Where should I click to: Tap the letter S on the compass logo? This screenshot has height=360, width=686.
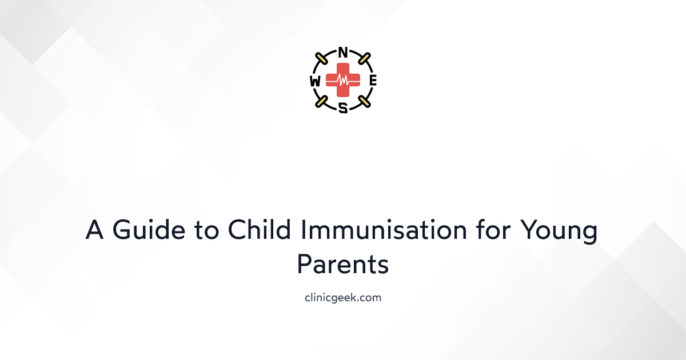click(343, 107)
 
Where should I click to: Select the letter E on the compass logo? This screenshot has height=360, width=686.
click(373, 81)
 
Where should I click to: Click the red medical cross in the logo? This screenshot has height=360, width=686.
click(343, 81)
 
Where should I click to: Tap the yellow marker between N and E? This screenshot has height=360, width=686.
click(364, 59)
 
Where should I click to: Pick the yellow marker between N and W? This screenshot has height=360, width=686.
click(322, 59)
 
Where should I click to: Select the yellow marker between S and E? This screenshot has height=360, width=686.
click(364, 102)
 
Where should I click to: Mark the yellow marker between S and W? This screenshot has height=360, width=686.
click(322, 102)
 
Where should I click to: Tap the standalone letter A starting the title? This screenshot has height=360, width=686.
click(95, 231)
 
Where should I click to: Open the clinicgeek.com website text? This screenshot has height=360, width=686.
click(343, 298)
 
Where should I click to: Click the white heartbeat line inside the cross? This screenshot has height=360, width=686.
click(343, 81)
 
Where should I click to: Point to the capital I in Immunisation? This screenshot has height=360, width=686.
click(304, 231)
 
